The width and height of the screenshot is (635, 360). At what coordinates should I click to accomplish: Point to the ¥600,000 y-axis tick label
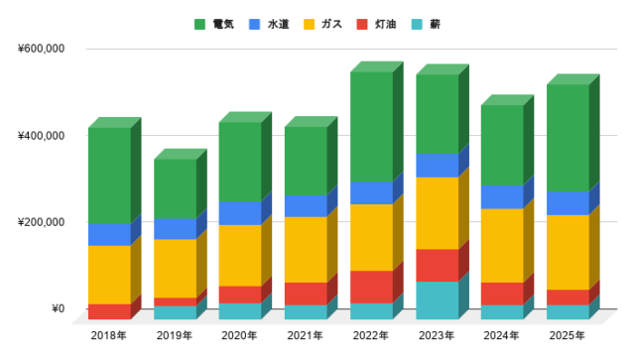coord(41,49)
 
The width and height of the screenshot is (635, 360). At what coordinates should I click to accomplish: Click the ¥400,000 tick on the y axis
coord(41,135)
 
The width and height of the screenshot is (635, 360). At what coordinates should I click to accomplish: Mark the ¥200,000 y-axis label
coord(41,221)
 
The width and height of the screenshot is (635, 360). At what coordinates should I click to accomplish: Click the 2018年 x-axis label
coord(108,336)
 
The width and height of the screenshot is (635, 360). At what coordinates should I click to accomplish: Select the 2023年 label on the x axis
coord(436,336)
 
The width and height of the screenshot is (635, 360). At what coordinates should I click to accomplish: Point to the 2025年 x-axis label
coord(567,336)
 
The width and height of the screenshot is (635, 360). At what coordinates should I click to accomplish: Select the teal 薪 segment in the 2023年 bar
coord(437,300)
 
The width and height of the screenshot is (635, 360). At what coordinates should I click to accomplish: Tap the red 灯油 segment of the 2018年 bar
coord(109,311)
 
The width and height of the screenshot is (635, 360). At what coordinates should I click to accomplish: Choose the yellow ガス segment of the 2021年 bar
coord(306,249)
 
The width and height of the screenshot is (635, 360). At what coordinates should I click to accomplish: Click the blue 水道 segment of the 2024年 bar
coord(502,197)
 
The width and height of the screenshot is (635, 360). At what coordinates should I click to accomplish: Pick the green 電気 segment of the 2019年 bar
coord(175,188)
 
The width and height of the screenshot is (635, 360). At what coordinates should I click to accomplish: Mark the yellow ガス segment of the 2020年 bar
coord(240,255)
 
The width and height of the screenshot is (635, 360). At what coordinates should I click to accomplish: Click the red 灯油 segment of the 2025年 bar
coord(568,298)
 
